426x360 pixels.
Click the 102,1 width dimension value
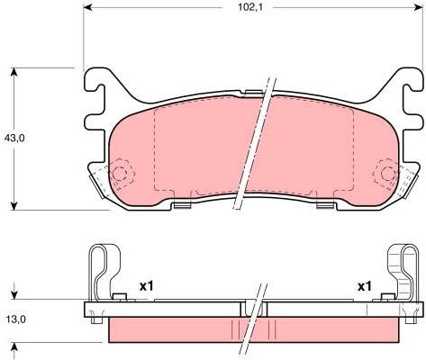click(x=250, y=7)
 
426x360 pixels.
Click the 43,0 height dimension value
click(x=14, y=138)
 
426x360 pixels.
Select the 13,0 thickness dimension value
click(x=16, y=319)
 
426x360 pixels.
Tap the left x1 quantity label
click(x=147, y=286)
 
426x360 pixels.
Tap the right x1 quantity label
click(x=365, y=286)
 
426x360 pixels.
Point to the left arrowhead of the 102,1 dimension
click(x=87, y=7)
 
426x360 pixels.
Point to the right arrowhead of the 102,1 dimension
click(x=418, y=7)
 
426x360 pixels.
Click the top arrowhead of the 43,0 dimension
click(x=14, y=72)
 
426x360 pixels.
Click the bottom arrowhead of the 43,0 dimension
click(x=14, y=205)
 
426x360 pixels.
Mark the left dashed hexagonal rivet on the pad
click(x=121, y=173)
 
